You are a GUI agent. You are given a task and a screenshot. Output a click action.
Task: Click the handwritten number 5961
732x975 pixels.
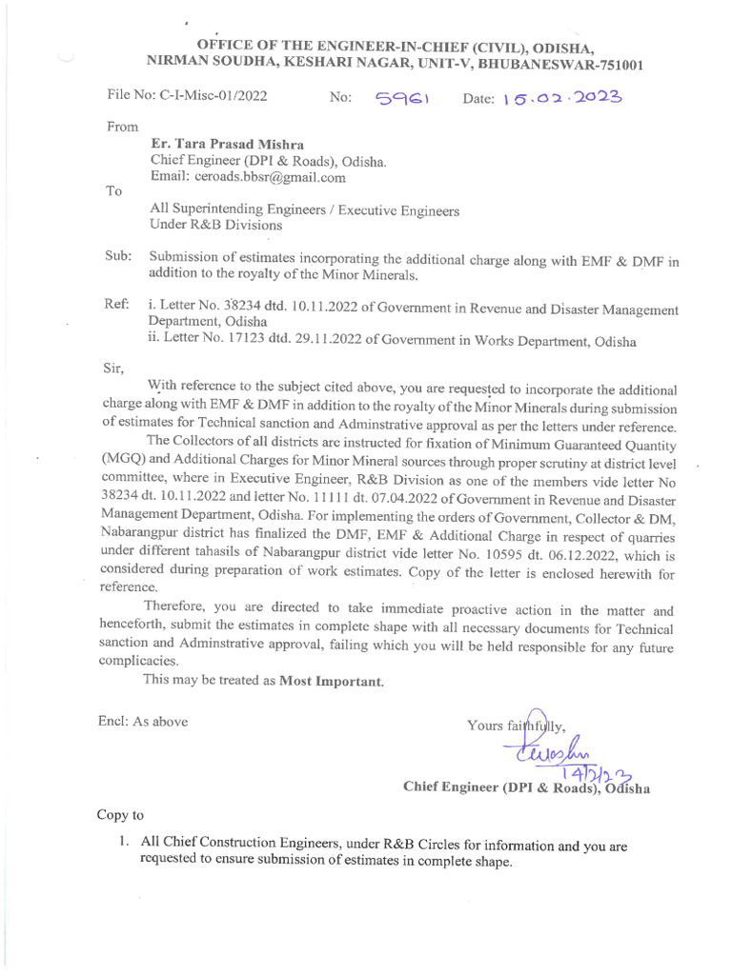404,98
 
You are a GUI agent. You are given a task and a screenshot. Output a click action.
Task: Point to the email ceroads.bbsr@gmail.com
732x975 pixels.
248,176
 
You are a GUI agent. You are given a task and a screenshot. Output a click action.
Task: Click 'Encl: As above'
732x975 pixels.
142,721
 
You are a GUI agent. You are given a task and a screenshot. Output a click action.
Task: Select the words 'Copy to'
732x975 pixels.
121,815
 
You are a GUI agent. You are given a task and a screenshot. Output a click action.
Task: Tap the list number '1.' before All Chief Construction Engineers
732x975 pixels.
124,844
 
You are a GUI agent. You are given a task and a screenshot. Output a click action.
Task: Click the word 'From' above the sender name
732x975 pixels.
122,126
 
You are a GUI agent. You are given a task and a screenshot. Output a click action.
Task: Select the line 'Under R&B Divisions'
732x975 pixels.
216,226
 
